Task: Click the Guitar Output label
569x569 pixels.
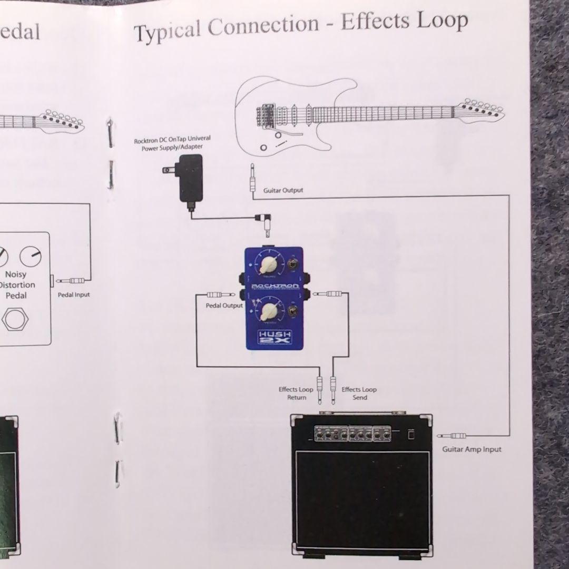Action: pos(283,190)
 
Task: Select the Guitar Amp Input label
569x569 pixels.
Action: pos(472,449)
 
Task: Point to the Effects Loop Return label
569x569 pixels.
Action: pos(296,393)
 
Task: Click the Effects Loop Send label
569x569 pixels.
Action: pos(359,393)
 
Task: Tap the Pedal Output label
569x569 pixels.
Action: pos(224,306)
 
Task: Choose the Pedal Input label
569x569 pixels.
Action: pos(74,295)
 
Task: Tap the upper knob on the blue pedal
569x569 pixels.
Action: pos(271,263)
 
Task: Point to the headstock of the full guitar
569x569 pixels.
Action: pos(479,110)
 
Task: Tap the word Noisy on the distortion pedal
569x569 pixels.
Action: pos(15,274)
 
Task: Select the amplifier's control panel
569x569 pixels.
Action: pos(352,434)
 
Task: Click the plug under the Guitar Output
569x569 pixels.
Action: pos(252,179)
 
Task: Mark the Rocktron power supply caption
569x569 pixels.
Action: pos(172,144)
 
